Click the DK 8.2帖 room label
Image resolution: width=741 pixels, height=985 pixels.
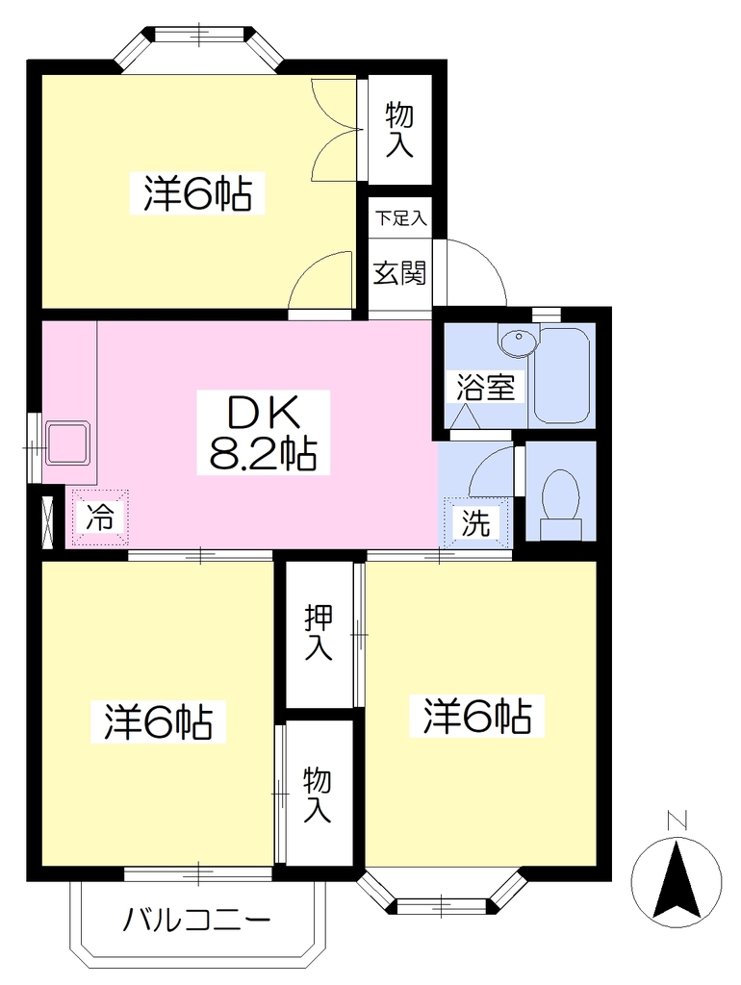pos(263,432)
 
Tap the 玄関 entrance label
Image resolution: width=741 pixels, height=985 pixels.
pos(399,272)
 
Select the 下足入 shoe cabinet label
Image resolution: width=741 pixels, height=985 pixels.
pos(401,218)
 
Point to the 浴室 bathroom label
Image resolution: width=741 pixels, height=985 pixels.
pos(485,387)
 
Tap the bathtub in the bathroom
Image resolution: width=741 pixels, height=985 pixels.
pos(561,376)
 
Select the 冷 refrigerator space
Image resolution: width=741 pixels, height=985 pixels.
pos(100,518)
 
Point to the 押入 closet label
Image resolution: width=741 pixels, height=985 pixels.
pos(318,632)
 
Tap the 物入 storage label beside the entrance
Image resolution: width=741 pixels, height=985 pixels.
pos(399,130)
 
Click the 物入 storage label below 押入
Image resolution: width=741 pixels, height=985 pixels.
pos(317,795)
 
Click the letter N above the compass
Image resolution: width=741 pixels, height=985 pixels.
pos(677,820)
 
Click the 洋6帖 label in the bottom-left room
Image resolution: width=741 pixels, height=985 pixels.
pos(159,721)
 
